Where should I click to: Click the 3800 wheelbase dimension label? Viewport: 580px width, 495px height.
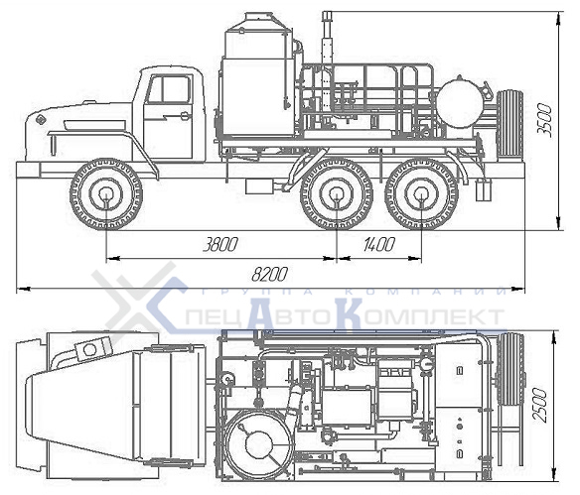(x=220, y=245)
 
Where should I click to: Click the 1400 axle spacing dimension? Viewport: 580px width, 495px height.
(x=379, y=245)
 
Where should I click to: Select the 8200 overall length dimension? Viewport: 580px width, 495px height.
(x=269, y=274)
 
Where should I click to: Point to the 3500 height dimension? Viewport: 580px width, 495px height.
(x=544, y=121)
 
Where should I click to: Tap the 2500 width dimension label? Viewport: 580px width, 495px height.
(x=539, y=405)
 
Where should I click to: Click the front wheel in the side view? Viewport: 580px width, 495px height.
(x=106, y=194)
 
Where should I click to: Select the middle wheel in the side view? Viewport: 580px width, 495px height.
(x=337, y=194)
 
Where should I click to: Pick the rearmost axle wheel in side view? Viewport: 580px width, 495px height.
(x=421, y=194)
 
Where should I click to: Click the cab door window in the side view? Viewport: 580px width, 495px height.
(x=169, y=89)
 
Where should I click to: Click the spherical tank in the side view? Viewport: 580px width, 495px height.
(x=457, y=102)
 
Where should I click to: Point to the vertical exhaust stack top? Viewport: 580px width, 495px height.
(x=327, y=16)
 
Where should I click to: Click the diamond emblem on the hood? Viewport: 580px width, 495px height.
(x=41, y=120)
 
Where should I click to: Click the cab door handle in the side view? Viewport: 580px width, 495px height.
(x=185, y=116)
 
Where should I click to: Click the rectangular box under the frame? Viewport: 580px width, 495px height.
(x=259, y=186)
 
